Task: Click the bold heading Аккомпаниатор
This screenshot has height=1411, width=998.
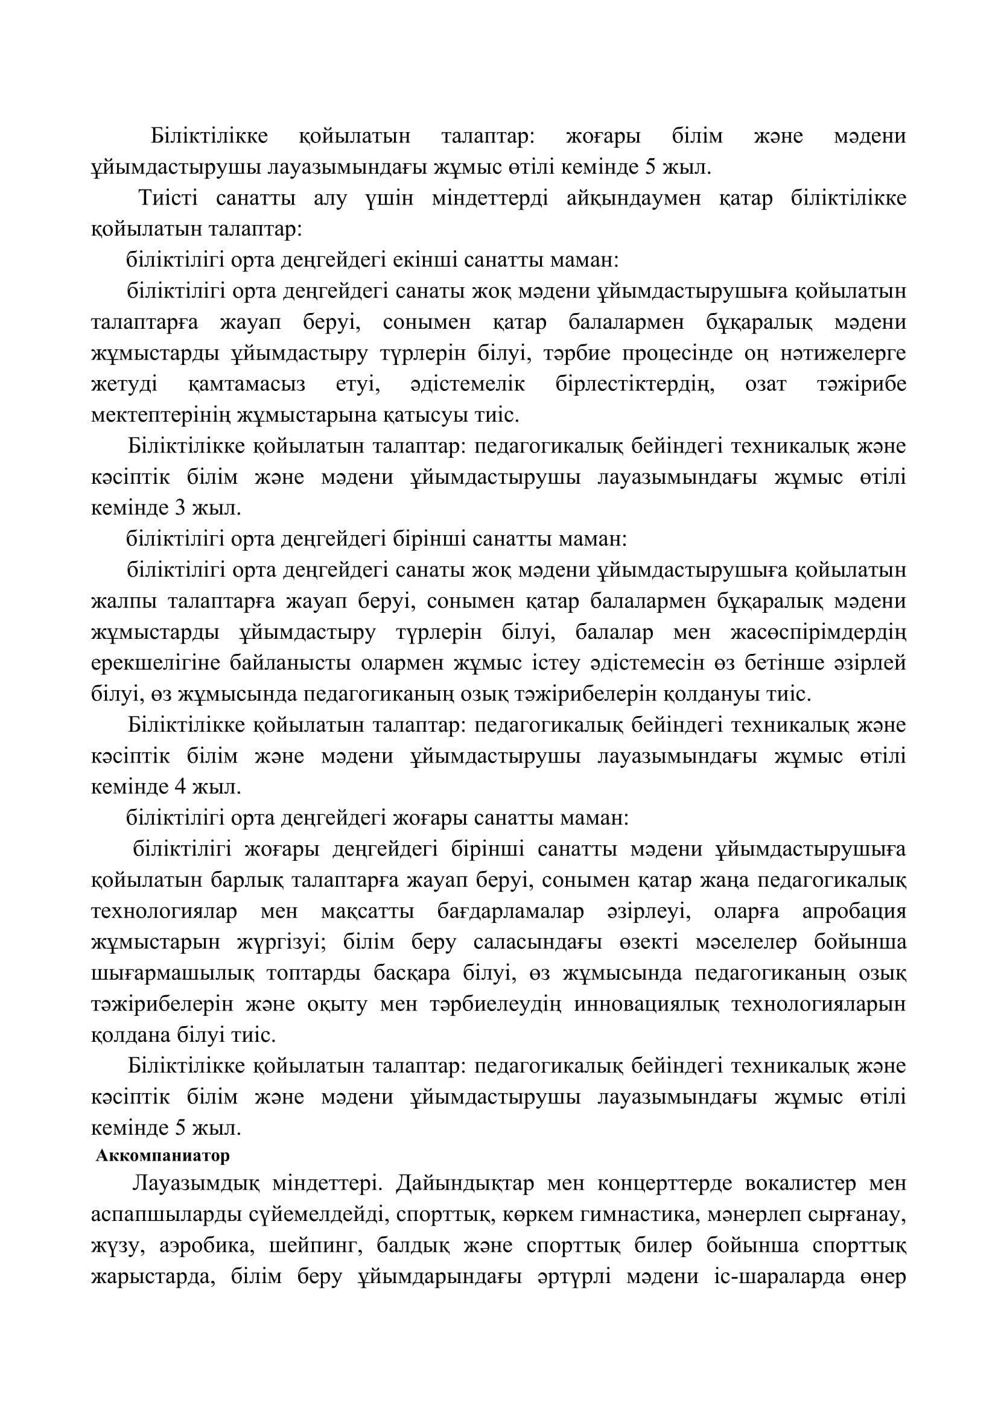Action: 163,1156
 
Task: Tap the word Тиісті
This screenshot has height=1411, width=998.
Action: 165,200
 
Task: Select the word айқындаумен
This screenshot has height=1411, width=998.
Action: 634,200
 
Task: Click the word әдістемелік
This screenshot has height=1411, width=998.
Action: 468,385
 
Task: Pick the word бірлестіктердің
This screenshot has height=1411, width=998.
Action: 635,385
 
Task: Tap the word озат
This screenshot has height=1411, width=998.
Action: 766,385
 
